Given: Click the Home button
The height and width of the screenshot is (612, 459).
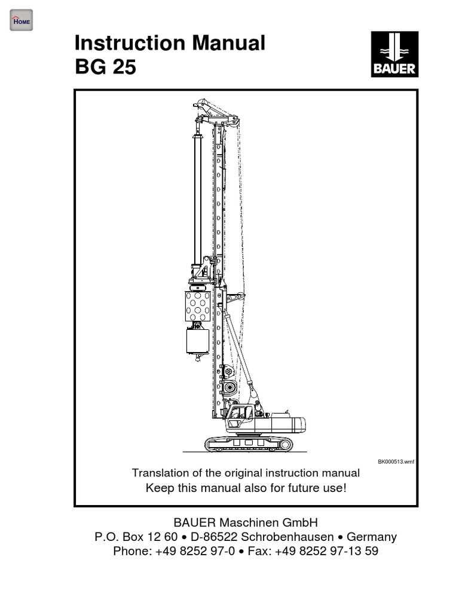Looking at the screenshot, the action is (x=21, y=20).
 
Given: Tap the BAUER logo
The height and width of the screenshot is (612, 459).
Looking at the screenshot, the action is (x=394, y=54).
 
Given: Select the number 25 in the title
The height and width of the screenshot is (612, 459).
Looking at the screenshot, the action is (x=124, y=67).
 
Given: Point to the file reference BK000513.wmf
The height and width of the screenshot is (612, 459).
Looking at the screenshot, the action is (x=396, y=462).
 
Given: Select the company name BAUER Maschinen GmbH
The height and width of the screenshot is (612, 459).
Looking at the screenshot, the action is (x=246, y=522).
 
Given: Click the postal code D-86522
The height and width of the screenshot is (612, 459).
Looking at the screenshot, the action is (x=214, y=537).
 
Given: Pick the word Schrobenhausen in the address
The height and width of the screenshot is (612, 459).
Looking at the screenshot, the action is (x=287, y=537).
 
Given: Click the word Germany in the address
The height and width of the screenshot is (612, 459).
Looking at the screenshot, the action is (x=372, y=537).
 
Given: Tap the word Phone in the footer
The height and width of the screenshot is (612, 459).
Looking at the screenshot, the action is (x=131, y=551).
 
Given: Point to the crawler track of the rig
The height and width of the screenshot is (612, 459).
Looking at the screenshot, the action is (x=249, y=444).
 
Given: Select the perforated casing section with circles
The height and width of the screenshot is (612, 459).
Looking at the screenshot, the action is (x=197, y=306).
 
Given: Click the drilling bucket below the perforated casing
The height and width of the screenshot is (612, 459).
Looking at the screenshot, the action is (x=198, y=341).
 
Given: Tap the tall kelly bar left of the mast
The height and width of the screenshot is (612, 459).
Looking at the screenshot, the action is (x=198, y=199).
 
